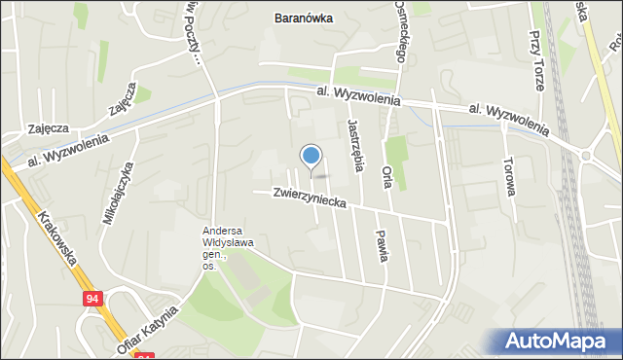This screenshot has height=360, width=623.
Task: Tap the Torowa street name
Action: point(508,175)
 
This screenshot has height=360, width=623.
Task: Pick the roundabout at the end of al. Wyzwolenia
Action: point(586,156)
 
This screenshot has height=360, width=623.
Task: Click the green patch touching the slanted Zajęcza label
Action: point(143,94)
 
